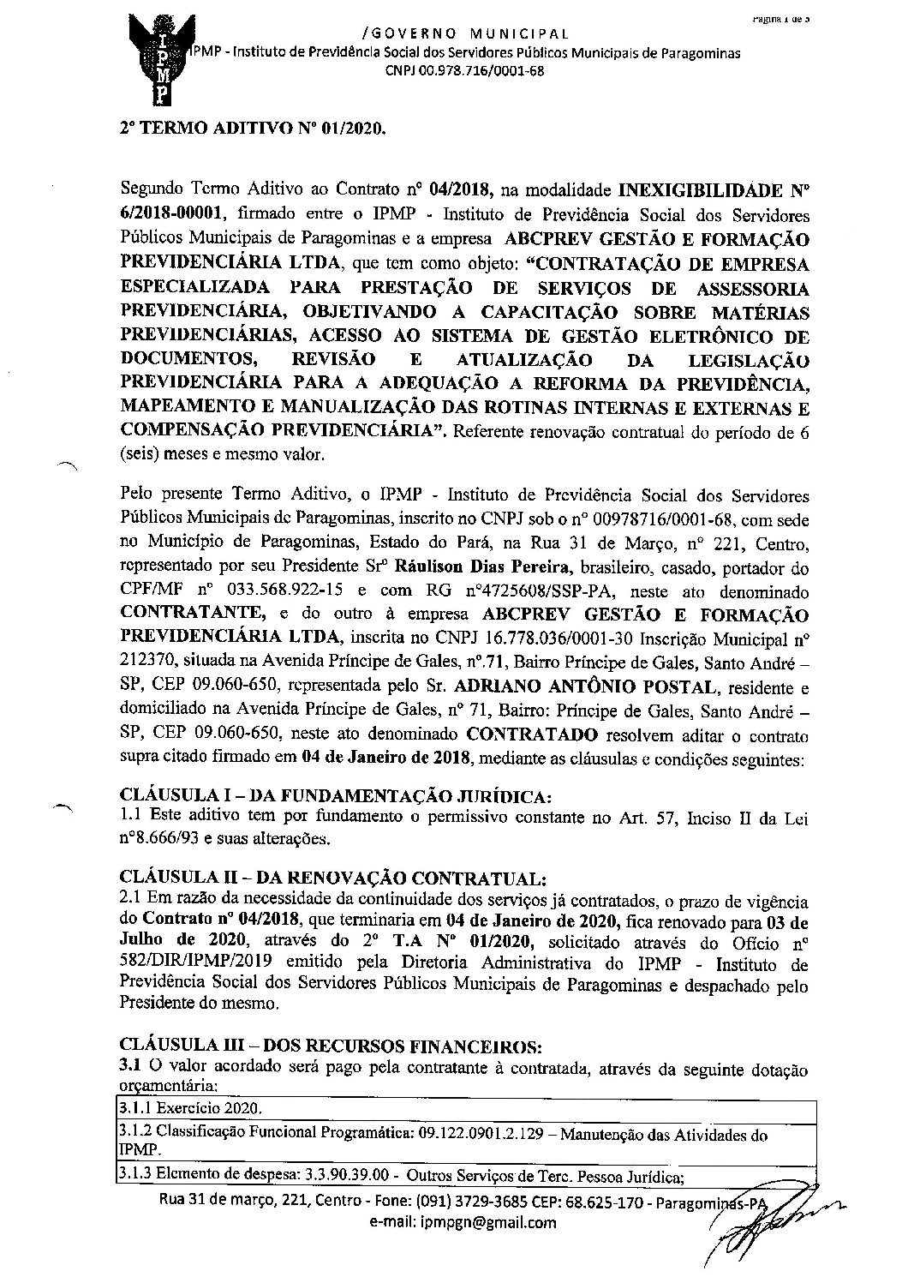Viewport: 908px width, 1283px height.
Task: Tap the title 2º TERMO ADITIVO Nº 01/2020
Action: [x=252, y=134]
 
